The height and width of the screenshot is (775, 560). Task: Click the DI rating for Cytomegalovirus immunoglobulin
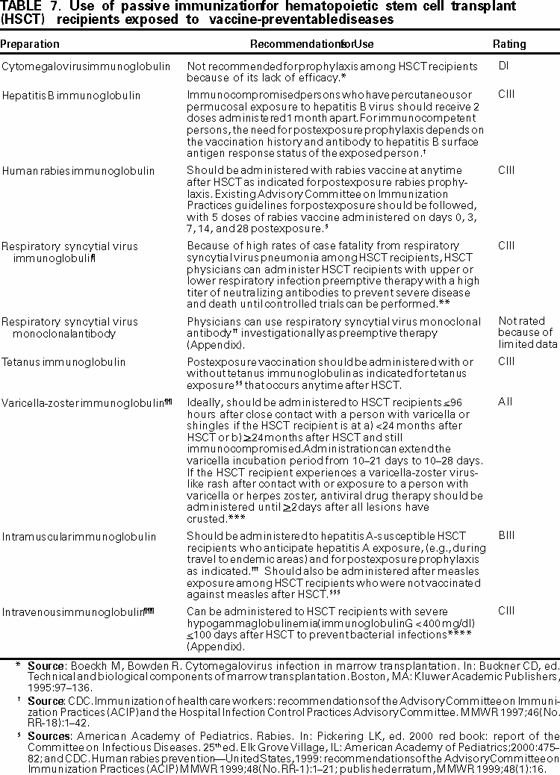coord(503,66)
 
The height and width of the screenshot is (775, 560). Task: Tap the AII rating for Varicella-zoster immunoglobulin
coord(505,401)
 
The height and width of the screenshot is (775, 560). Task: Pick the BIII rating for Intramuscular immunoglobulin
coord(506,536)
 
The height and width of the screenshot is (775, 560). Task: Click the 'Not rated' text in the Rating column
coord(517,321)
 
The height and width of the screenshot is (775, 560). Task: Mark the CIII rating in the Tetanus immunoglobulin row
coord(506,362)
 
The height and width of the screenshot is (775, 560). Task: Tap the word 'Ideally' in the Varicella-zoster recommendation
coord(202,402)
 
